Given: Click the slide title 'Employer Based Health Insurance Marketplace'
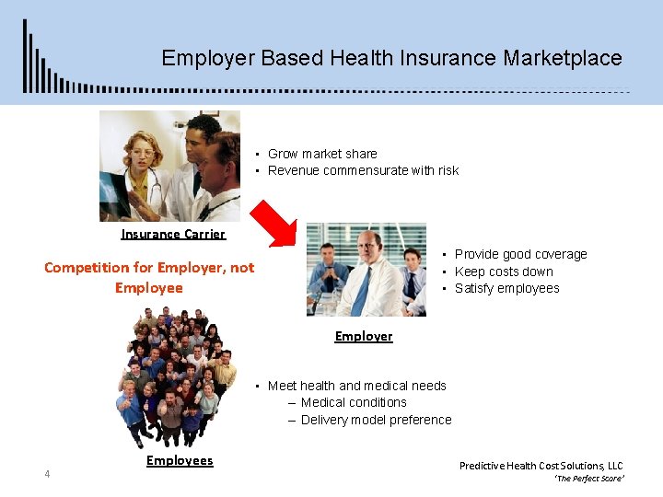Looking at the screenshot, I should pos(391,58).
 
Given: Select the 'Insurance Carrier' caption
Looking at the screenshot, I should pos(173,234).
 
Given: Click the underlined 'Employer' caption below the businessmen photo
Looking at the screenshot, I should pos(364,336).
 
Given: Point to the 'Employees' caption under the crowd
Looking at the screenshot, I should pos(180,460).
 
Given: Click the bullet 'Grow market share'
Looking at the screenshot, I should pos(322,154).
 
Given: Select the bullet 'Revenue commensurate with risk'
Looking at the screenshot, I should pos(363,170).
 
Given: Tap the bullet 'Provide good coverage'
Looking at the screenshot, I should pos(520,254).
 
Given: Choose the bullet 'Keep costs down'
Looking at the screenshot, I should pos(504,272).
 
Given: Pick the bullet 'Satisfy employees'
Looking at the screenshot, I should pos(506,288).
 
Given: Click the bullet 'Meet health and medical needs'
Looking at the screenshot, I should pos(356,386).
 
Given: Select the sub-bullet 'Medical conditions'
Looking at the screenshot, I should pos(354,402).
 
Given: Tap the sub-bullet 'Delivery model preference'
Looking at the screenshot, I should pos(376,420).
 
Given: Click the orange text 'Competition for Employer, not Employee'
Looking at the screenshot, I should pos(149,277).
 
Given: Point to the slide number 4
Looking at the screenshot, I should pos(47,474).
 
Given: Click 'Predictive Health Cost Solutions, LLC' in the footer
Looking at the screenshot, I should pos(541,466).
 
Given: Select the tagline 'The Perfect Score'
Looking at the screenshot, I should pos(588,480).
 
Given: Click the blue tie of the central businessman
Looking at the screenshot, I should pos(362,291).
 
